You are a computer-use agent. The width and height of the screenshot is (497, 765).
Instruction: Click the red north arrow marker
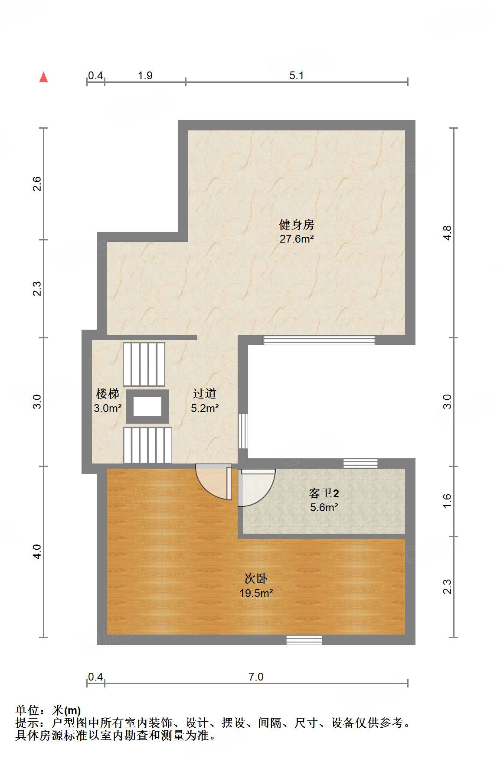pyautogui.click(x=43, y=77)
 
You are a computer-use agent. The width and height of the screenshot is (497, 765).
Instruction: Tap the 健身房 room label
pyautogui.click(x=296, y=225)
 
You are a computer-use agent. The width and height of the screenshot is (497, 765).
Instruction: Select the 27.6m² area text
pyautogui.click(x=296, y=239)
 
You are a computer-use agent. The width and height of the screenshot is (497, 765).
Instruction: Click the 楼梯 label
pyautogui.click(x=108, y=394)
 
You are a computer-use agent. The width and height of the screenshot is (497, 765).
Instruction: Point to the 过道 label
pyautogui.click(x=205, y=394)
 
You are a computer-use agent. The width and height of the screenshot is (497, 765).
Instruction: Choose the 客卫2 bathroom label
pyautogui.click(x=324, y=493)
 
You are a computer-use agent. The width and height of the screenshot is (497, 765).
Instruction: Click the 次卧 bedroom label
pyautogui.click(x=256, y=579)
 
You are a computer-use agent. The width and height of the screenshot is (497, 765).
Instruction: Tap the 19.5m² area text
pyautogui.click(x=256, y=593)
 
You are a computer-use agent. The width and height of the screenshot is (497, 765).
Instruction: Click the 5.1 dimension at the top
pyautogui.click(x=297, y=76)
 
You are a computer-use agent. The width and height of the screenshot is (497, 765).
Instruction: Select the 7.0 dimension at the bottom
pyautogui.click(x=256, y=677)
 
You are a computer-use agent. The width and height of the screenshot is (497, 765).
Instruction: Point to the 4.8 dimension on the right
pyautogui.click(x=447, y=233)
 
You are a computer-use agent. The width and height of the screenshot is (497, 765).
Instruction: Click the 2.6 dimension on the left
pyautogui.click(x=37, y=184)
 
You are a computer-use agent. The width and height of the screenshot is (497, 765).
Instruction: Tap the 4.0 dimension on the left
pyautogui.click(x=37, y=551)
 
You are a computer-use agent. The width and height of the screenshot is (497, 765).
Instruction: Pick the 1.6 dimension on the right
pyautogui.click(x=447, y=501)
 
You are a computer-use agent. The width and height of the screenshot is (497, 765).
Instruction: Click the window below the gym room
pyautogui.click(x=319, y=340)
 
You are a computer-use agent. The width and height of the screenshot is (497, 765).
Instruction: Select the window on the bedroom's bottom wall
pyautogui.click(x=304, y=640)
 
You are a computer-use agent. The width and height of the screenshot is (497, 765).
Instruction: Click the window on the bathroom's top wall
pyautogui.click(x=360, y=464)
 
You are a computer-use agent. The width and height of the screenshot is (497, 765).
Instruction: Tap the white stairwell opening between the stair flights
pyautogui.click(x=147, y=406)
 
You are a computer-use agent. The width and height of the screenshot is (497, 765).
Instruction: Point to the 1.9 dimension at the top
pyautogui.click(x=145, y=76)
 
